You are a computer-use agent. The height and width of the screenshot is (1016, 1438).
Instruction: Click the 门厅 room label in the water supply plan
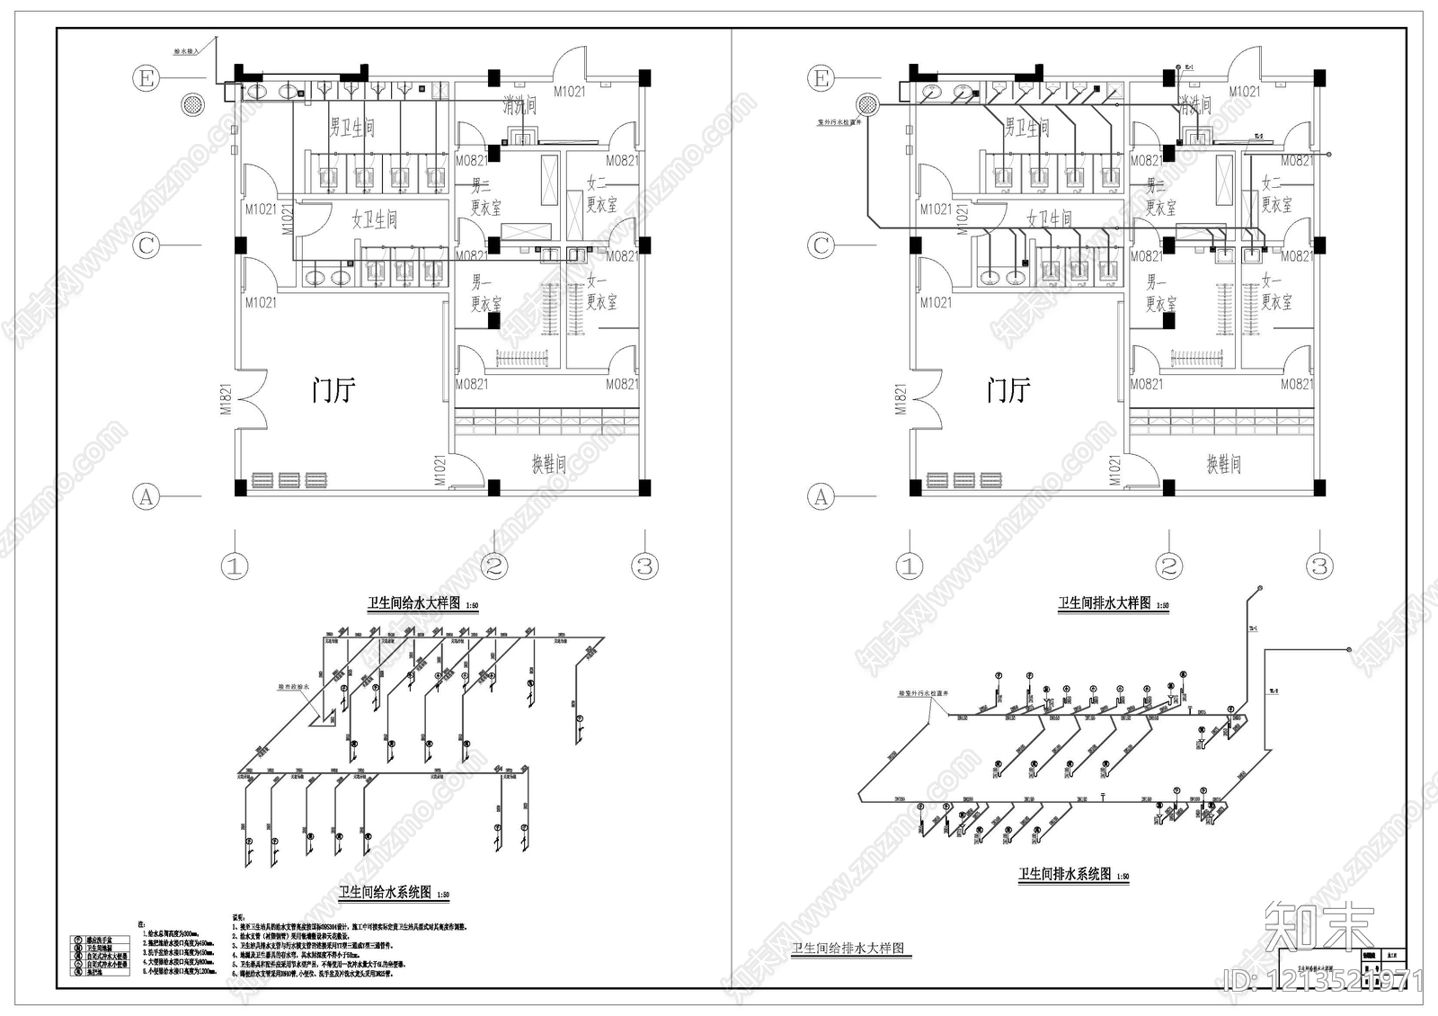pos(333,390)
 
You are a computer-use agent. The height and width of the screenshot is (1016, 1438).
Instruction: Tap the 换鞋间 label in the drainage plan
pos(1223,464)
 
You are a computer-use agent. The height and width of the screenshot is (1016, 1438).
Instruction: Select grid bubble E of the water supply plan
pos(146,78)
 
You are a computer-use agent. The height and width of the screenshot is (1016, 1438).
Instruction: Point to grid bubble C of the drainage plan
pos(821,245)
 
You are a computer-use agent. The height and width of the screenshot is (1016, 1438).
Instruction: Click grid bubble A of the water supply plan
pos(146,495)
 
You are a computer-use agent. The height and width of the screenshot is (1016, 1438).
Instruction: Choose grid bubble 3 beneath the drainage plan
pos(1318,566)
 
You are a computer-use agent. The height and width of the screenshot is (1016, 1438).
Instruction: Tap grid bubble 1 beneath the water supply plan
pos(235,566)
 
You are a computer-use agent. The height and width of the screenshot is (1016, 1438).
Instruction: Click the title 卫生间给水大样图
pos(413,603)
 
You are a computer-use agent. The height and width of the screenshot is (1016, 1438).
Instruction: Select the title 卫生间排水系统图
pos(1064,874)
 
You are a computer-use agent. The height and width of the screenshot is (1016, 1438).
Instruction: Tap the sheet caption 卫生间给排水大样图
pos(847,949)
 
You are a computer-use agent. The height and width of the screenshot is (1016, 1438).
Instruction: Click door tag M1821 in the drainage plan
pos(901,398)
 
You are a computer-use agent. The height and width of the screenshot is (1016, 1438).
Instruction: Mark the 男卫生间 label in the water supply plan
pos(351,127)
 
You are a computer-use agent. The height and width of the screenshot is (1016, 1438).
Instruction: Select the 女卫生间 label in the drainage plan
pos(1049,218)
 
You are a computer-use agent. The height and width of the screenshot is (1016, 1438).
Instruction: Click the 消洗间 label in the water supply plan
pos(519,106)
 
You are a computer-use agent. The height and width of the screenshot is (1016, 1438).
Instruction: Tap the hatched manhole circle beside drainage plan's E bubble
pos(867,103)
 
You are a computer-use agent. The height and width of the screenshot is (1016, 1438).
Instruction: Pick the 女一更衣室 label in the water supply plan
pos(600,292)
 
